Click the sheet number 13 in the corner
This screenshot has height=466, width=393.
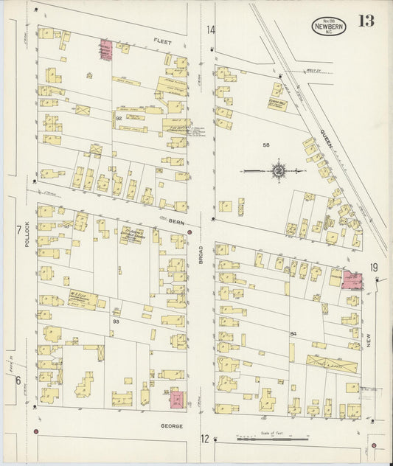(x=366, y=20)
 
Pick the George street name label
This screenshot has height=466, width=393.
(x=171, y=425)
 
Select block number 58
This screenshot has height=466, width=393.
(x=266, y=146)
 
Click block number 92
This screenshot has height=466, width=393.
(x=117, y=117)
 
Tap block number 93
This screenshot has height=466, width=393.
(x=116, y=321)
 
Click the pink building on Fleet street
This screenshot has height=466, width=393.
(x=105, y=49)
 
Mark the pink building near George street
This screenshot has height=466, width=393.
(x=178, y=400)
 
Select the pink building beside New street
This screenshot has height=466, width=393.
(x=352, y=279)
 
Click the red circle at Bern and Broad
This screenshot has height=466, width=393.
(x=189, y=232)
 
